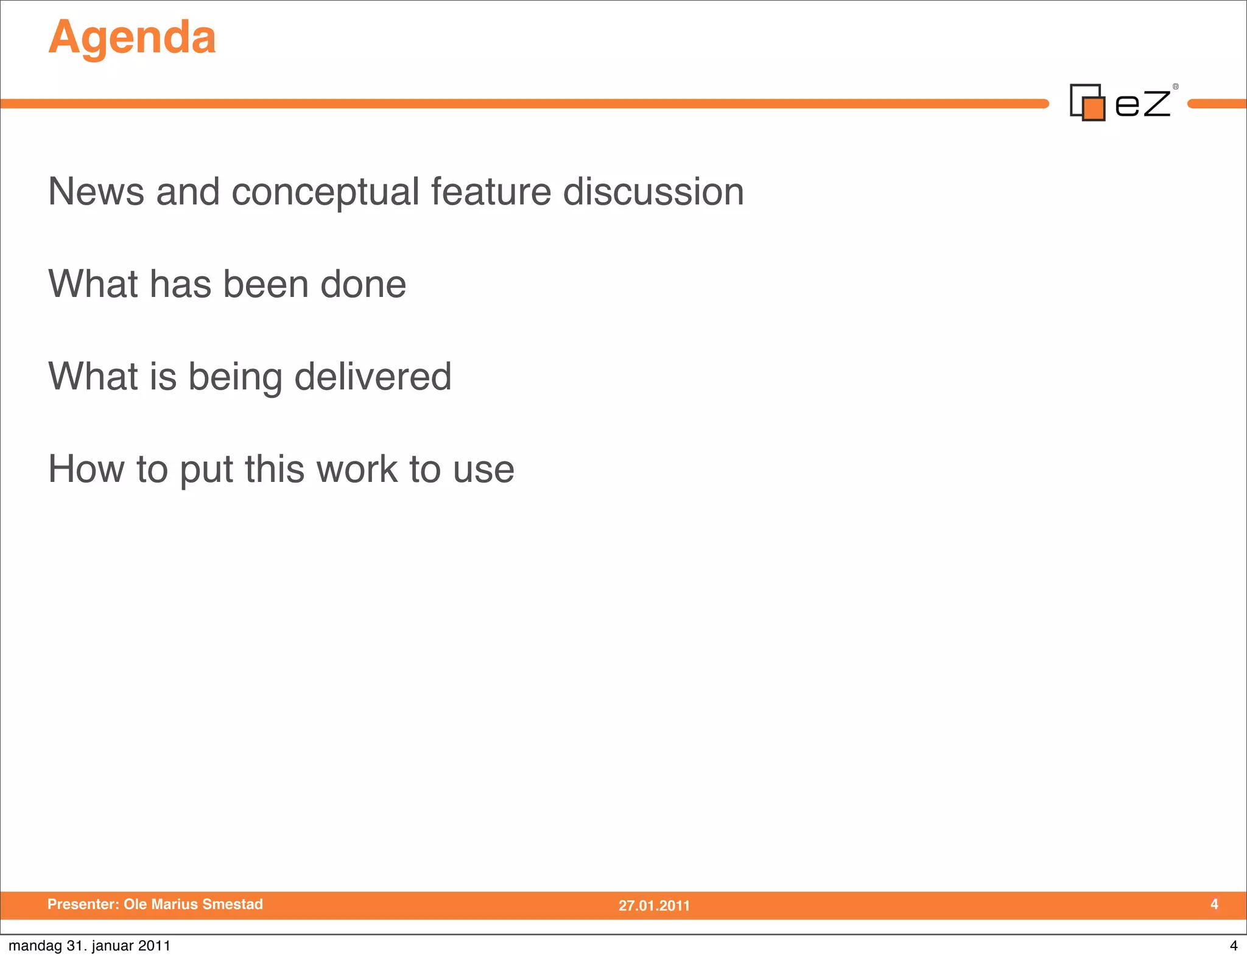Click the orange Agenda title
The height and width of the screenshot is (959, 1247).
point(132,38)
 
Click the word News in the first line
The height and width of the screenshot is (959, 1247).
point(96,192)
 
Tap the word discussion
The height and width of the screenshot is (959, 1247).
point(653,192)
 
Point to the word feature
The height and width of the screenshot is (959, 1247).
point(491,192)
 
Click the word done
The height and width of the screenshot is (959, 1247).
point(363,284)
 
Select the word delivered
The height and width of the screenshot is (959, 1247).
point(373,376)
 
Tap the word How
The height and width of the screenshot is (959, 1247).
point(86,469)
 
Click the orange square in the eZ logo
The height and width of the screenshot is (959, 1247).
point(1094,109)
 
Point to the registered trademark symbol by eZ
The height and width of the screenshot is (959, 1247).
point(1176,86)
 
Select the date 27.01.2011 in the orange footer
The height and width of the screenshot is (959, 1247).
point(654,905)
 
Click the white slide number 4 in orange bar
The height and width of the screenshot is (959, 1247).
point(1214,904)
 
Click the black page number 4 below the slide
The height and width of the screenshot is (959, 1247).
point(1234,946)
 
